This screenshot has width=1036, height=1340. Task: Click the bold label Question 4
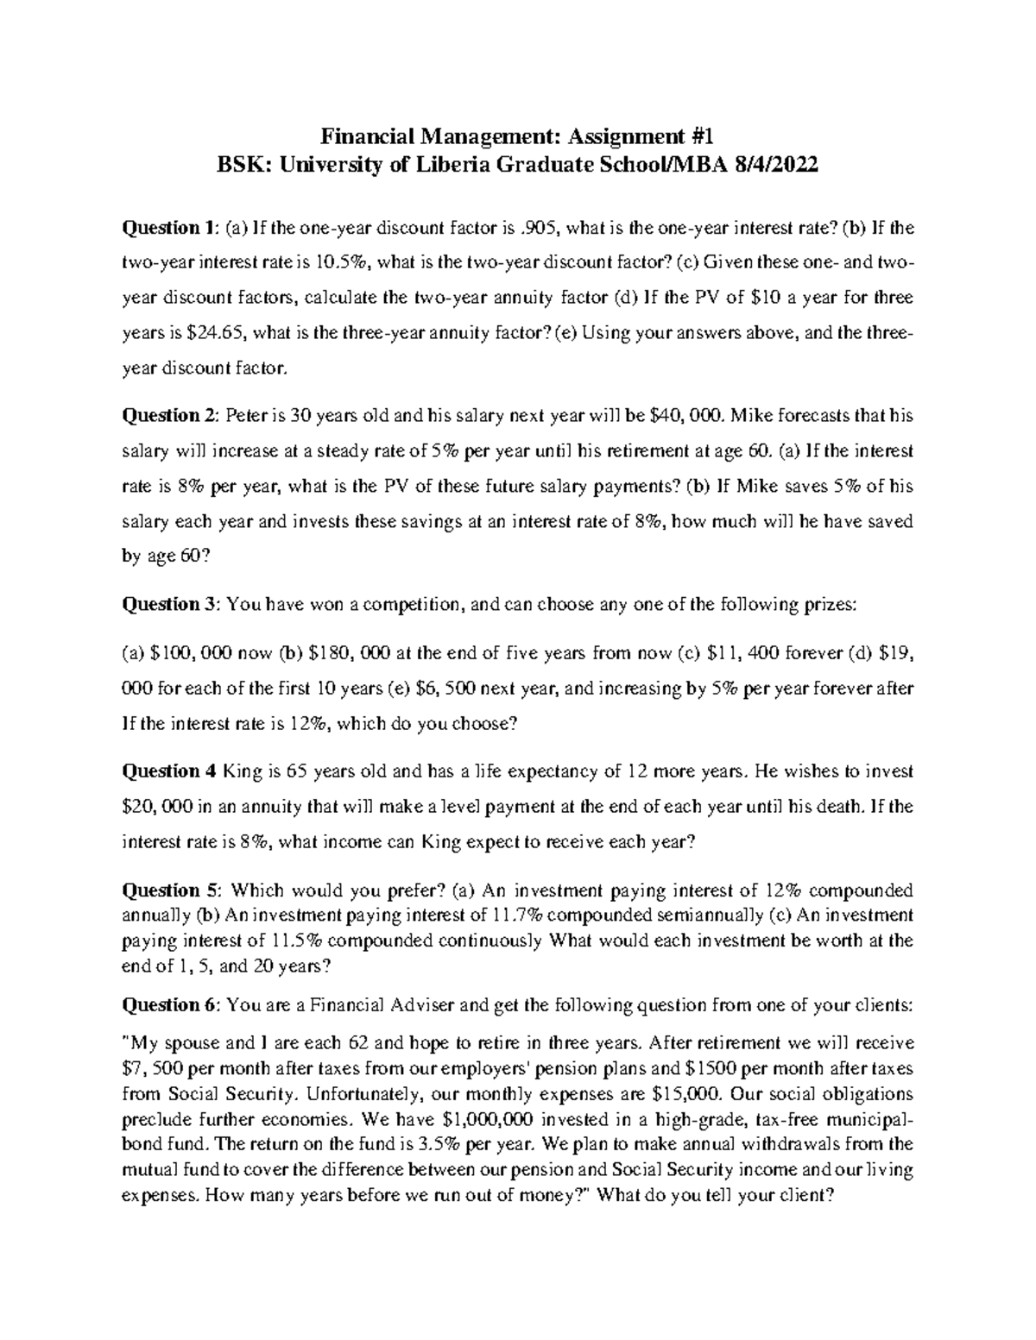pos(167,771)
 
